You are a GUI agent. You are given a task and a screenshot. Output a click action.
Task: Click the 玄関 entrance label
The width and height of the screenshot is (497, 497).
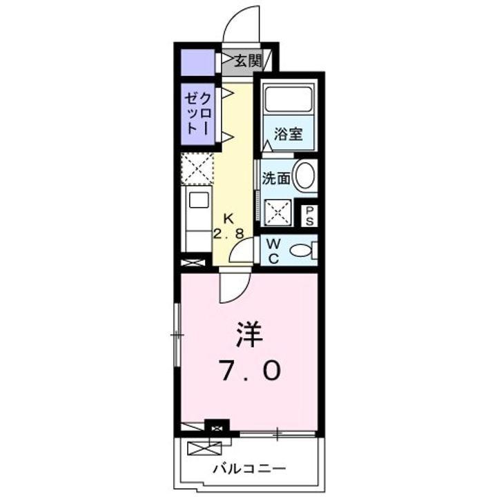(x=246, y=61)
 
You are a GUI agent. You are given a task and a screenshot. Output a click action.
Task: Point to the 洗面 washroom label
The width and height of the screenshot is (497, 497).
(x=275, y=177)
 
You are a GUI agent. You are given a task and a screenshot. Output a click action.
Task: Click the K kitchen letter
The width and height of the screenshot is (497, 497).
(x=228, y=217)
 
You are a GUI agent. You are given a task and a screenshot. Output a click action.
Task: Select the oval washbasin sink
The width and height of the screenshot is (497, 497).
(x=304, y=177)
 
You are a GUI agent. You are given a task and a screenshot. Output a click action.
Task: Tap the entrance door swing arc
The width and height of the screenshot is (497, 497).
(x=238, y=24)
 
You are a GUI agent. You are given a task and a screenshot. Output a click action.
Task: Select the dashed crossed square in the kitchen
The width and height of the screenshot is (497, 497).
(x=197, y=168)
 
